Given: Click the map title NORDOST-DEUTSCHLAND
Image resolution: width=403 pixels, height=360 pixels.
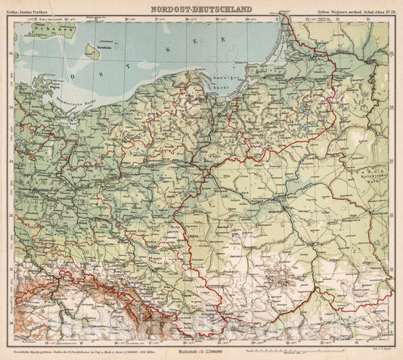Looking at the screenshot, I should (200, 7).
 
